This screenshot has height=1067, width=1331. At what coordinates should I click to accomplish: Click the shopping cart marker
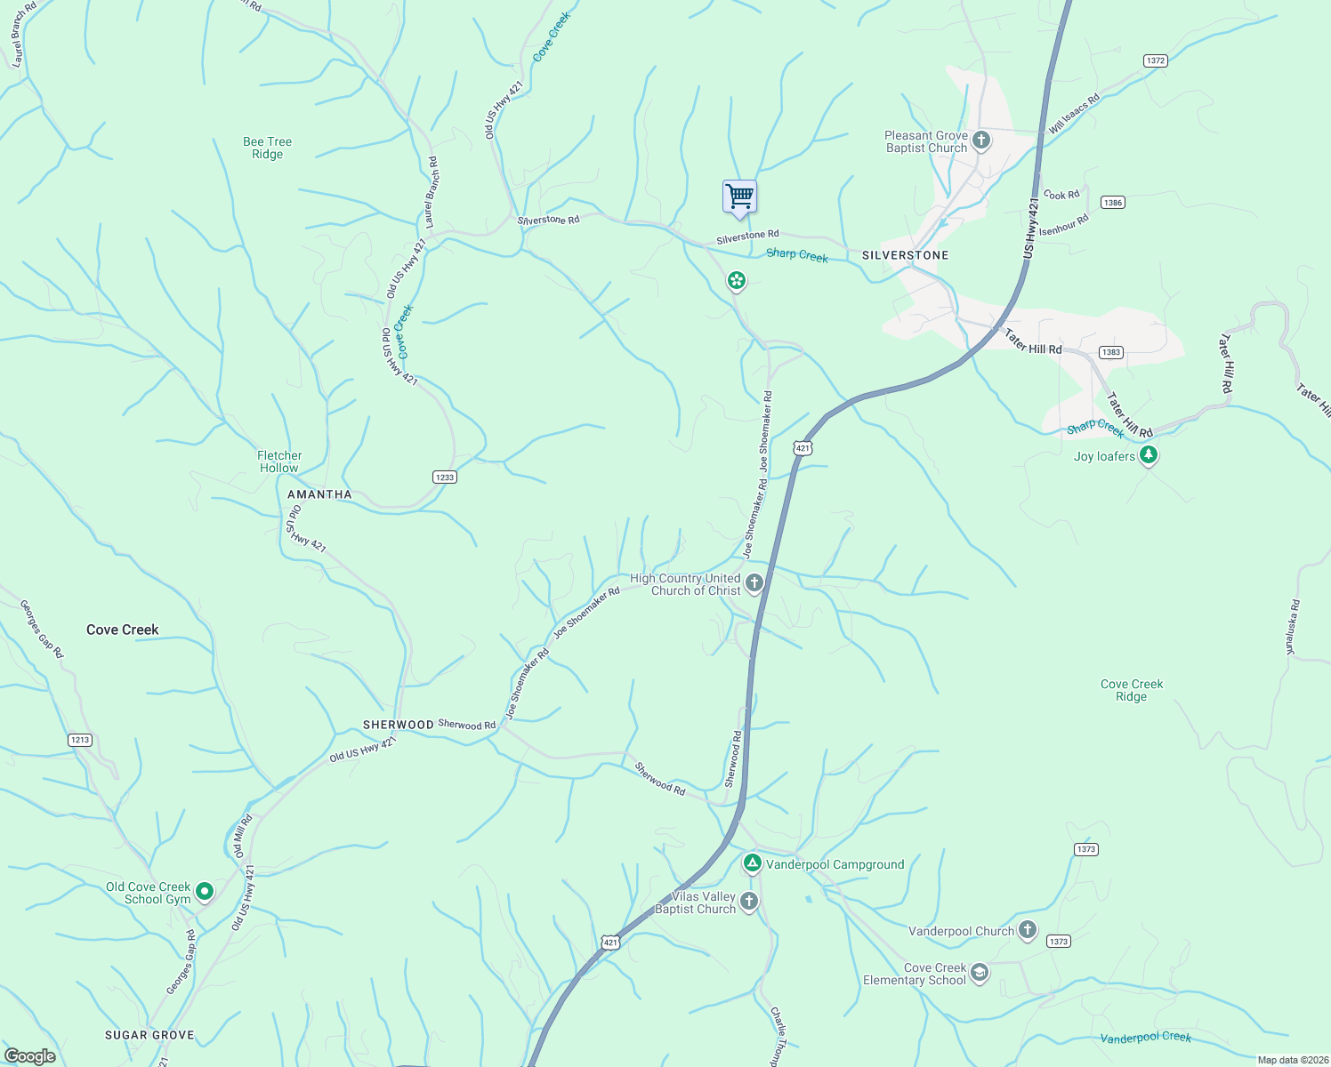[x=739, y=197]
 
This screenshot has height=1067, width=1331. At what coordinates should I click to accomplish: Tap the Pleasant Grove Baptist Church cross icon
[x=981, y=140]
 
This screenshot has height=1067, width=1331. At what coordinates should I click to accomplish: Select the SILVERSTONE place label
[x=905, y=255]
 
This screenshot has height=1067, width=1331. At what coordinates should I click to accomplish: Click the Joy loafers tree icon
[x=1149, y=456]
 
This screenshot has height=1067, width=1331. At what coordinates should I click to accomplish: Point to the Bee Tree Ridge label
[x=267, y=148]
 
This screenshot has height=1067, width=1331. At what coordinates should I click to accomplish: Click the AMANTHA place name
[x=319, y=494]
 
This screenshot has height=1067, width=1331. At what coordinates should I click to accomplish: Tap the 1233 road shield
[x=445, y=477]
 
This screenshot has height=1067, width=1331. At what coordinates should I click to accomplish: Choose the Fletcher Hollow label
[x=279, y=461]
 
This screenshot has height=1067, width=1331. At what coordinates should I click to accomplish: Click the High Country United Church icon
[x=754, y=583]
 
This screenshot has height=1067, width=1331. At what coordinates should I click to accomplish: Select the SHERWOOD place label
[x=398, y=725]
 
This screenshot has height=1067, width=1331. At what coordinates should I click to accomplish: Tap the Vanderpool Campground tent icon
[x=752, y=863]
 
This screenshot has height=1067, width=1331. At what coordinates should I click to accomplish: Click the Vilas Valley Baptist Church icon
[x=749, y=902]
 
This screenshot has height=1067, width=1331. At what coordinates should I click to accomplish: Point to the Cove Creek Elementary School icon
[x=980, y=973]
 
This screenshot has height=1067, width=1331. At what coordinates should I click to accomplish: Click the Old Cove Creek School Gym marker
[x=204, y=891]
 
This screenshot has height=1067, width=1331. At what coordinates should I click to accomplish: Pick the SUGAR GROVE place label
[x=149, y=1035]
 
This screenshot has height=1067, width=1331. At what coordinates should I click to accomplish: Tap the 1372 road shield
[x=1155, y=60]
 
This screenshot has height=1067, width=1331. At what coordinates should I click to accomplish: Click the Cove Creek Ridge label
[x=1131, y=690]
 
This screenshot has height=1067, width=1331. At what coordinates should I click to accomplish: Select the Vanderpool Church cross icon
[x=1028, y=930]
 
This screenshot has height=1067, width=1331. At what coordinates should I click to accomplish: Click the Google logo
[x=30, y=1056]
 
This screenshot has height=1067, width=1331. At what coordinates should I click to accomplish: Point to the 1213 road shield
[x=80, y=740]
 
